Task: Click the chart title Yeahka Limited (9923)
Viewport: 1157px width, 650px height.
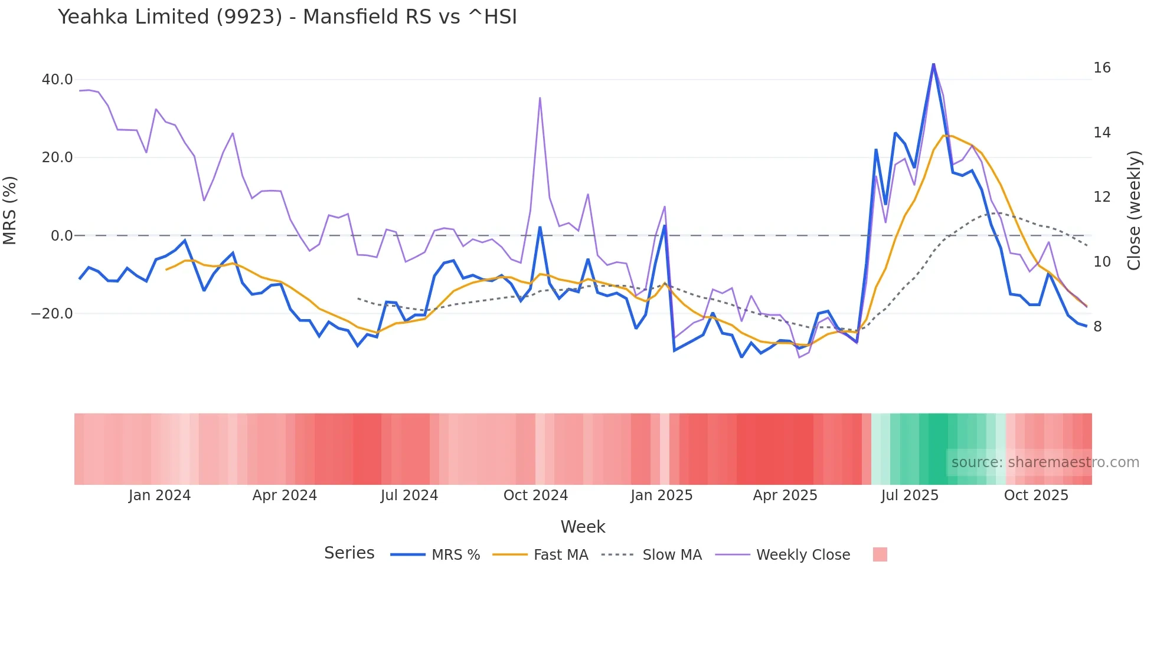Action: (287, 17)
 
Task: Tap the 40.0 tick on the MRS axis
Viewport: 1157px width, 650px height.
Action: (57, 80)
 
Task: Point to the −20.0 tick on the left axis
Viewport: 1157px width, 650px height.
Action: (52, 314)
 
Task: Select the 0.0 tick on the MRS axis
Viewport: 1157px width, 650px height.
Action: (61, 236)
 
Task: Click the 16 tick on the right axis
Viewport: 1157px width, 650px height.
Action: (1102, 68)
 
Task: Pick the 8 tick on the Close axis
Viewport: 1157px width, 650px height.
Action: (1097, 327)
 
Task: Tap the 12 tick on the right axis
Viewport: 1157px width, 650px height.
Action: (1102, 197)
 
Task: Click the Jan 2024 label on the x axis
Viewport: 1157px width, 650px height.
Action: (159, 495)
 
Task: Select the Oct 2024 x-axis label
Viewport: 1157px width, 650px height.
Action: (535, 495)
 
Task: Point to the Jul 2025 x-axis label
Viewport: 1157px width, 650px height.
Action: (910, 495)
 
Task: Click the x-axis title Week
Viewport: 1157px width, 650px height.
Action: (583, 527)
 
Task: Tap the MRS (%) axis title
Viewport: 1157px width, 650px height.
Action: (10, 211)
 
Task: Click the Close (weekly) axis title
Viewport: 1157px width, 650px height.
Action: (1134, 211)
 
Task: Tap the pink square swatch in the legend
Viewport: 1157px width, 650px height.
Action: (880, 554)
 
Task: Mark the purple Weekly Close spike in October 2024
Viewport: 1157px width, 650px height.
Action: (540, 99)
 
